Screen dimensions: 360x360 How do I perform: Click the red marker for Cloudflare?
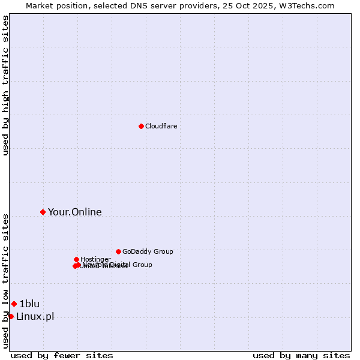coord(141,126)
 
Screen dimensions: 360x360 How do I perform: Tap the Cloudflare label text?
coord(161,126)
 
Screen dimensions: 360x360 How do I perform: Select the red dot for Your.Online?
coord(43,212)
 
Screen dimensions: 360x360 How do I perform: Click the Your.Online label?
coord(74,212)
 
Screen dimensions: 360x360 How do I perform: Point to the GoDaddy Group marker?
coord(118,251)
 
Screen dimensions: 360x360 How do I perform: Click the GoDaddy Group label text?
coord(148,251)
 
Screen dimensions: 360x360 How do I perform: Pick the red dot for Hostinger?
coord(76,259)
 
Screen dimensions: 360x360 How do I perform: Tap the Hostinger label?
coord(95,259)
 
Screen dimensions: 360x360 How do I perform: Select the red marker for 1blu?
coord(14,304)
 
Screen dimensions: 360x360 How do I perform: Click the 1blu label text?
coord(29,304)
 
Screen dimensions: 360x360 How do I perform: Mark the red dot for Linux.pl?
coord(11,316)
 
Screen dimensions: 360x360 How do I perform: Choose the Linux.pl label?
coord(35,316)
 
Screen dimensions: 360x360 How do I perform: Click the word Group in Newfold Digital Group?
coord(142,265)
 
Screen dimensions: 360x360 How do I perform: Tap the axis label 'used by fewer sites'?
coord(62,355)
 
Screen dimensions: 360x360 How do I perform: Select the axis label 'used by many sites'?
coord(301,355)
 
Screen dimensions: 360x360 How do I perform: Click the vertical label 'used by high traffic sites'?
coord(5,85)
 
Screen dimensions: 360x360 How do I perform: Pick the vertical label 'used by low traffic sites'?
coord(5,281)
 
